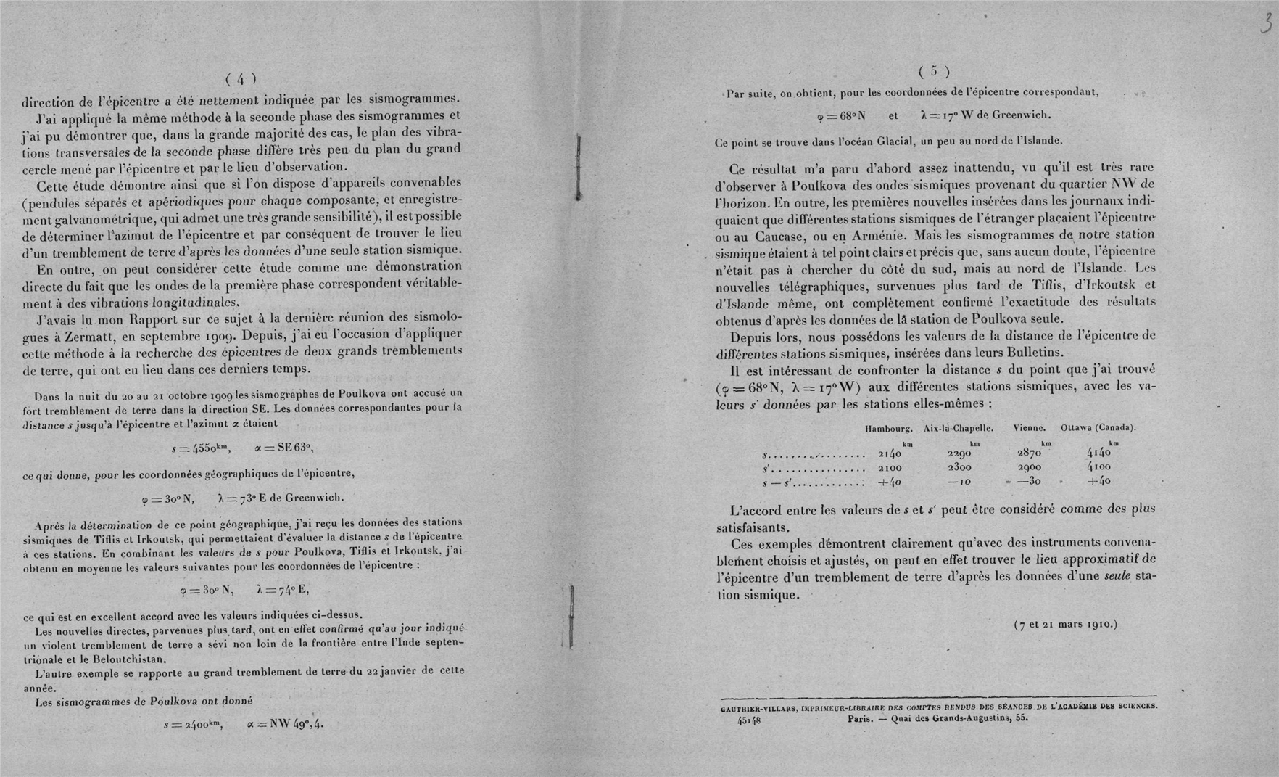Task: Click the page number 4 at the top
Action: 241,79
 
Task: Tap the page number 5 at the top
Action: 933,71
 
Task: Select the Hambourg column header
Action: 888,428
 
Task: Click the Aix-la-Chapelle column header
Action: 959,428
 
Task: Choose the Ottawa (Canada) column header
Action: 1098,428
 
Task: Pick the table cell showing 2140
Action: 889,454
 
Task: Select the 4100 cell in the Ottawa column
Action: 1098,468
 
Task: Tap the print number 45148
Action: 749,721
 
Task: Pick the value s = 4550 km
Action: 201,448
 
